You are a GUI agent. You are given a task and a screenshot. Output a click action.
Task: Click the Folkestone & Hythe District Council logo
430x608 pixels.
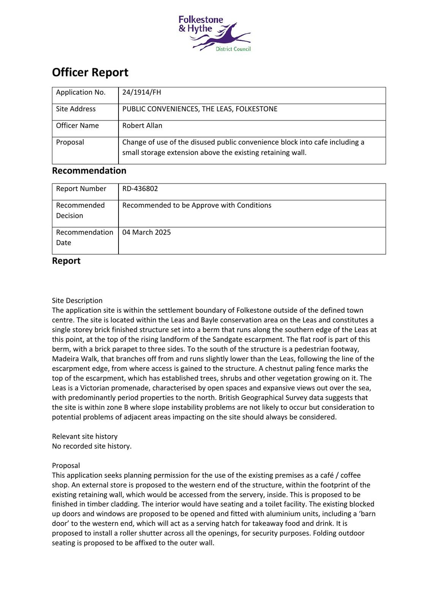(x=215, y=33)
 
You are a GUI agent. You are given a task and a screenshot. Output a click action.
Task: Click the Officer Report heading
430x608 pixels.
(x=90, y=72)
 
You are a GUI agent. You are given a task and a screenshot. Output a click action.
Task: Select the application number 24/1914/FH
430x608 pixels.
(x=142, y=92)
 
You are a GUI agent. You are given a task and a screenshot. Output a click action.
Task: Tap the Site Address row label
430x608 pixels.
(x=76, y=109)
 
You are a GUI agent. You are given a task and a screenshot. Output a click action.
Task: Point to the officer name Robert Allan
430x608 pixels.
(x=142, y=126)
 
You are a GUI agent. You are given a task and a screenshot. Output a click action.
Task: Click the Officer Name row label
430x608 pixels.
(x=77, y=126)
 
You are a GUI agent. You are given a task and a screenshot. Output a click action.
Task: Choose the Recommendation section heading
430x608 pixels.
(x=89, y=171)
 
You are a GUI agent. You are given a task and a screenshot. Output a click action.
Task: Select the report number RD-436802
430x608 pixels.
(x=140, y=189)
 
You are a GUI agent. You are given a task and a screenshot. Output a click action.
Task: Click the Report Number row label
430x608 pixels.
(x=81, y=189)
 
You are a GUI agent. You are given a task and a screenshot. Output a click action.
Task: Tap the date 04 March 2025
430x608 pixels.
(x=146, y=233)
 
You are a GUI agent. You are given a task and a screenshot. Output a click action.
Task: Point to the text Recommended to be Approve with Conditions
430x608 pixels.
(x=197, y=206)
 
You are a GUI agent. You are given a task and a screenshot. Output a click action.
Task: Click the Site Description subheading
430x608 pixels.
(x=77, y=301)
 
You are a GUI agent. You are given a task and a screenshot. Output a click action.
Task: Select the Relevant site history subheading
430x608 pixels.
(x=85, y=437)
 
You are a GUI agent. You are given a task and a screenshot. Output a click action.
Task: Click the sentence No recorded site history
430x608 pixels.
(x=92, y=446)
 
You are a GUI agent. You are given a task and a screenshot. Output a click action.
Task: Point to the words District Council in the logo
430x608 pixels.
(x=233, y=49)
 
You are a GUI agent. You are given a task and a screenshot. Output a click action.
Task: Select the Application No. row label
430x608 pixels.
(x=81, y=92)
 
